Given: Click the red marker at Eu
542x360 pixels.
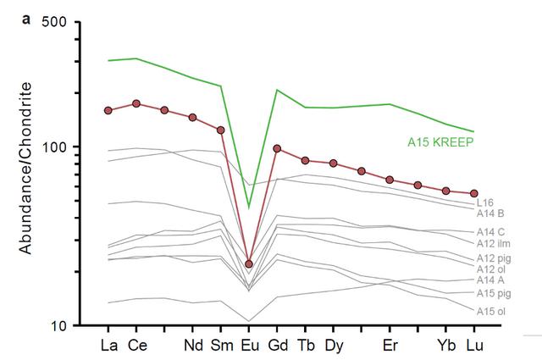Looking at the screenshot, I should tap(249, 264).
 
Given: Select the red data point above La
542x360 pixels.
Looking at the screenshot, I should tap(108, 110).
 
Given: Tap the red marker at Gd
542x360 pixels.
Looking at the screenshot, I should tap(277, 148).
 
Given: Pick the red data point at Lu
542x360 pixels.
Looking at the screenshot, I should tap(474, 193).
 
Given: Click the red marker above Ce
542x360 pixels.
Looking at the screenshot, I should tap(136, 103).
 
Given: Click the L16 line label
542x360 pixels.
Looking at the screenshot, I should tap(485, 202).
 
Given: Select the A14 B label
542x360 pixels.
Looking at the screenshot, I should tap(490, 213).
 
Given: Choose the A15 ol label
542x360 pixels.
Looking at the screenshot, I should tap(490, 311).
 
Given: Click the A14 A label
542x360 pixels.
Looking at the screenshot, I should tap(490, 280).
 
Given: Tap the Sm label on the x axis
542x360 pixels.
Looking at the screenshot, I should tap(221, 346).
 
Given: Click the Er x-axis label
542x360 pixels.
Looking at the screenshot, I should tap(390, 346).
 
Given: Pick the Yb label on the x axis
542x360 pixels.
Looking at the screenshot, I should tap(445, 346).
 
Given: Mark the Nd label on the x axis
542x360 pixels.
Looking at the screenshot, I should tap(192, 346).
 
